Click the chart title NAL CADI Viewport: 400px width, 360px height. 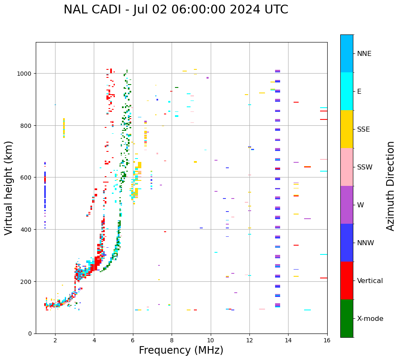pyautogui.click(x=176, y=10)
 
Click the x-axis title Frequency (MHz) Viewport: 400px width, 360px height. pyautogui.click(x=181, y=350)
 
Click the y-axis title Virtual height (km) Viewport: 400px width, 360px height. pyautogui.click(x=9, y=188)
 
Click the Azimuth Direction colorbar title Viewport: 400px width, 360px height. pyautogui.click(x=391, y=186)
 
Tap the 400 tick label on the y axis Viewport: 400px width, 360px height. pyautogui.click(x=27, y=230)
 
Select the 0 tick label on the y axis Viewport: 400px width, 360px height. pyautogui.click(x=30, y=334)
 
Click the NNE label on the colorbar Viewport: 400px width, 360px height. pyautogui.click(x=364, y=53)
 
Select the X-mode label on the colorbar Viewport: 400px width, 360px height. pyautogui.click(x=370, y=319)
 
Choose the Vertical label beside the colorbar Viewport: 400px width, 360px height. pyautogui.click(x=370, y=281)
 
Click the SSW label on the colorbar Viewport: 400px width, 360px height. pyautogui.click(x=365, y=167)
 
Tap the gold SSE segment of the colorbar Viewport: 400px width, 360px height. pyautogui.click(x=347, y=129)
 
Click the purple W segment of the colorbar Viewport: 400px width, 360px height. pyautogui.click(x=347, y=205)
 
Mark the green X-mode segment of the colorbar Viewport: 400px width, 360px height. pyautogui.click(x=347, y=318)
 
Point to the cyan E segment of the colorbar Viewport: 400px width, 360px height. pyautogui.click(x=347, y=91)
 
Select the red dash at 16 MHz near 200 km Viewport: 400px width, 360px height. pyautogui.click(x=323, y=278)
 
